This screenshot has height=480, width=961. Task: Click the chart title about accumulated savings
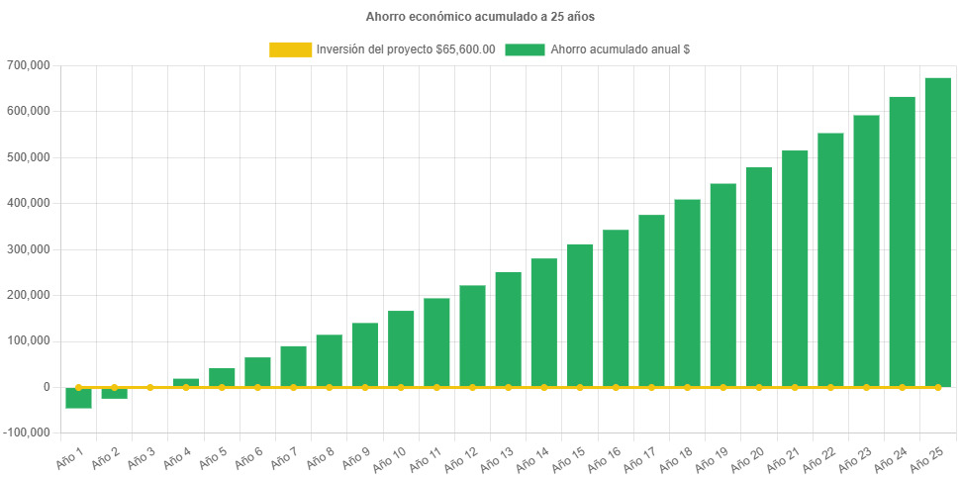coord(480,17)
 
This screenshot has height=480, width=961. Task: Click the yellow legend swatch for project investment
coord(289,49)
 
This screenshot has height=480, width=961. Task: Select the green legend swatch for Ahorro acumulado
coord(525,49)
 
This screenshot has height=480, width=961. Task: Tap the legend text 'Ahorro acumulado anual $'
coord(620,49)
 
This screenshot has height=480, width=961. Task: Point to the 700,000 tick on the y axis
coord(28,65)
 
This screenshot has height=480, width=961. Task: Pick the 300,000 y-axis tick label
coord(28,249)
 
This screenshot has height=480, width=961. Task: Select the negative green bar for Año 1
coord(78,398)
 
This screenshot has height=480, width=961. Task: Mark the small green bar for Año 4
coord(186,382)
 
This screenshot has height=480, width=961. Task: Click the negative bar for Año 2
coord(114,393)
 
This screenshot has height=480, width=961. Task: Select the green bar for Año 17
coord(651,301)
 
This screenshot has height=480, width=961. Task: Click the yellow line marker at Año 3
coord(149,387)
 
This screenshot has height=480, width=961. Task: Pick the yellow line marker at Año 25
coord(937,387)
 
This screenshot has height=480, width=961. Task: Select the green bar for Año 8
coord(329,360)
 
